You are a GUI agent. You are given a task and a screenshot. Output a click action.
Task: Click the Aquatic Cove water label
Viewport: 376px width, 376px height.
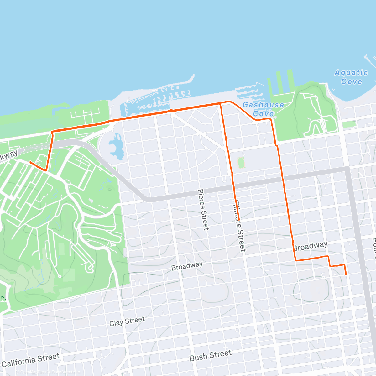(351, 77)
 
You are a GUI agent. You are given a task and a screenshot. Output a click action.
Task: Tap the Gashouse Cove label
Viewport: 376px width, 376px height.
(263, 109)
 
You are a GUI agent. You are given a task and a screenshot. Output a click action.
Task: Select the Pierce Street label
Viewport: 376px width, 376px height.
(203, 209)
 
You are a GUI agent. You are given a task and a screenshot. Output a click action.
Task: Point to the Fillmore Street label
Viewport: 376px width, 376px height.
(239, 226)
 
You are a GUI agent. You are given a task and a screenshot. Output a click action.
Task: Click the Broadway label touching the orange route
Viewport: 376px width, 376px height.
(310, 246)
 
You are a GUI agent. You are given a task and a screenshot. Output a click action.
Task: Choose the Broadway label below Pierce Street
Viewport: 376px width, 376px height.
(187, 266)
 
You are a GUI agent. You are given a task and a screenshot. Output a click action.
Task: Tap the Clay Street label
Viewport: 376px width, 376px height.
(127, 321)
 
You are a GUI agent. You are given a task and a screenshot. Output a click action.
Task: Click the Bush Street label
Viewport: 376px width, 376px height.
(210, 355)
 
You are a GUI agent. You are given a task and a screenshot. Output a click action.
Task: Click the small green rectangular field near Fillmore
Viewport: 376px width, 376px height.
(241, 163)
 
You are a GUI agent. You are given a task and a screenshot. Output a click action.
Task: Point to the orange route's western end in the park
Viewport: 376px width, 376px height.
(30, 162)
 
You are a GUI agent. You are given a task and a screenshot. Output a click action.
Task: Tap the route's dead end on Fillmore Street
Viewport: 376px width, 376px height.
(239, 220)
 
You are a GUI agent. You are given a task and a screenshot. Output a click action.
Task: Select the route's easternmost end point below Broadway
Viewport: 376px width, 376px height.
(346, 274)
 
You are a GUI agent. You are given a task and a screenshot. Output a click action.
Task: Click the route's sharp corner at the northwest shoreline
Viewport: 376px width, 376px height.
(52, 132)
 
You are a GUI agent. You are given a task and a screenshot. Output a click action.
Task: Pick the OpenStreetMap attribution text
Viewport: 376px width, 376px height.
(66, 372)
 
